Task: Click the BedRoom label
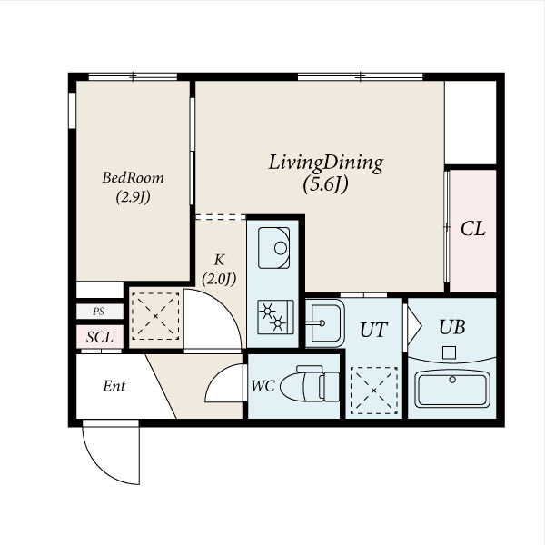pyautogui.click(x=134, y=178)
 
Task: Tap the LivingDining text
pyautogui.click(x=326, y=163)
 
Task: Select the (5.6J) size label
pyautogui.click(x=325, y=184)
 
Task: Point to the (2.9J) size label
pyautogui.click(x=134, y=197)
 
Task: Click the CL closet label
pyautogui.click(x=472, y=229)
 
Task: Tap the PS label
pyautogui.click(x=98, y=312)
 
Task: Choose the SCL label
pyautogui.click(x=100, y=337)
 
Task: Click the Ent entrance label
pyautogui.click(x=114, y=386)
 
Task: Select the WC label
pyautogui.click(x=263, y=386)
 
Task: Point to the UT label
pyautogui.click(x=373, y=330)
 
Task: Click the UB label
pyautogui.click(x=451, y=327)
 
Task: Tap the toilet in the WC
pyautogui.click(x=310, y=383)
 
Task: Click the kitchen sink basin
pyautogui.click(x=274, y=248)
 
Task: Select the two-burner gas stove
pyautogui.click(x=275, y=317)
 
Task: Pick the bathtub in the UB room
pyautogui.click(x=452, y=388)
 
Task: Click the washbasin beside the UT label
pyautogui.click(x=325, y=323)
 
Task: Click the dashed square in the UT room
pyautogui.click(x=374, y=391)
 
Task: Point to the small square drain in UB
pyautogui.click(x=449, y=352)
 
